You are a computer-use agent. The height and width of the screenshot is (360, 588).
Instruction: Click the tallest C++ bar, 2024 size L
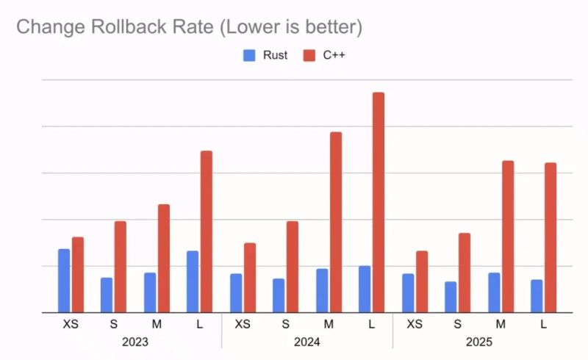pyautogui.click(x=379, y=203)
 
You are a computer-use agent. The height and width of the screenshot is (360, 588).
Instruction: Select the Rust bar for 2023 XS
pyautogui.click(x=65, y=281)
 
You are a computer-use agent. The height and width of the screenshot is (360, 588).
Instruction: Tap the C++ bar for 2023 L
pyautogui.click(x=207, y=231)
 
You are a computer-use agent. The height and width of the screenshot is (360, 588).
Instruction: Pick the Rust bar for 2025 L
pyautogui.click(x=537, y=296)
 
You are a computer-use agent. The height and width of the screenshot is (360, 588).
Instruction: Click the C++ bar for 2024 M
pyautogui.click(x=336, y=222)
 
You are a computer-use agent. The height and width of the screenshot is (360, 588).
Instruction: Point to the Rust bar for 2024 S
pyautogui.click(x=279, y=295)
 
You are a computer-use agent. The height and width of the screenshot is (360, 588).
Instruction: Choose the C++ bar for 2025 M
pyautogui.click(x=508, y=237)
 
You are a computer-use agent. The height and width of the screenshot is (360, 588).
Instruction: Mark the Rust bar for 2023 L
pyautogui.click(x=193, y=281)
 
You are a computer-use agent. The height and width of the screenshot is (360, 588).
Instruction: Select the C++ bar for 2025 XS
pyautogui.click(x=422, y=281)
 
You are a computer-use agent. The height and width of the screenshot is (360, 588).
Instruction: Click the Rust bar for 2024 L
pyautogui.click(x=365, y=289)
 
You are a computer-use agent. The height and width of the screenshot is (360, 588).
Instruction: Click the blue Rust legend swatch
pyautogui.click(x=248, y=55)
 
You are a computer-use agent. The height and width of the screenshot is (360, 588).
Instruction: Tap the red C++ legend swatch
pyautogui.click(x=309, y=55)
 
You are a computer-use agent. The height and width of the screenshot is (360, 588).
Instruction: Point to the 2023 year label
pyautogui.click(x=135, y=342)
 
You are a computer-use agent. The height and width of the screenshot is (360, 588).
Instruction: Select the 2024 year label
pyautogui.click(x=306, y=342)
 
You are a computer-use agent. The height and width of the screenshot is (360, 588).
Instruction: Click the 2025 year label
pyautogui.click(x=478, y=342)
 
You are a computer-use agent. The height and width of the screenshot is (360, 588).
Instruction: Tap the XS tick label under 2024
pyautogui.click(x=243, y=324)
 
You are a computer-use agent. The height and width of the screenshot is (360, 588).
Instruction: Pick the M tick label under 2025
pyautogui.click(x=501, y=324)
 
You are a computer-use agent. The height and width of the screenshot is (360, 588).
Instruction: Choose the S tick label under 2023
pyautogui.click(x=114, y=324)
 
